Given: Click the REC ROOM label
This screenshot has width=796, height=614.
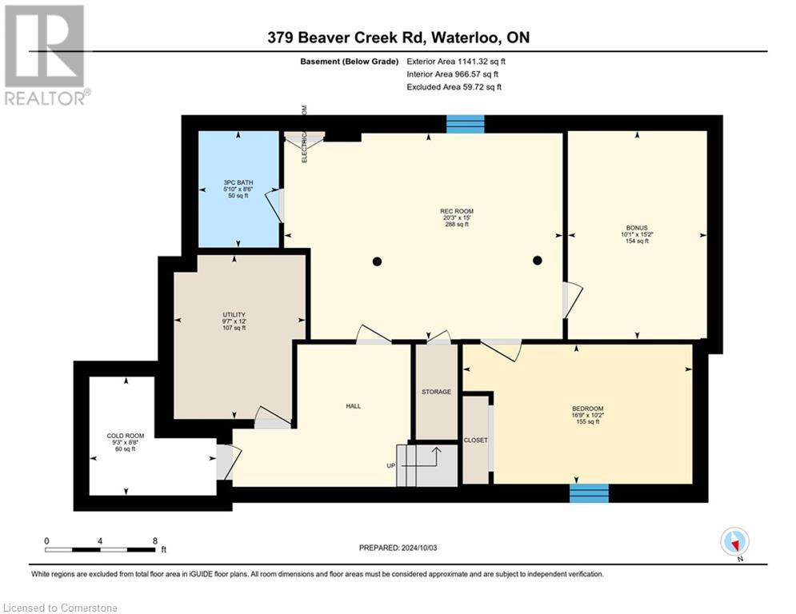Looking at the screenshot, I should pos(455,210).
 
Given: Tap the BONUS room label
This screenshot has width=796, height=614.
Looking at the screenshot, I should pos(636,227).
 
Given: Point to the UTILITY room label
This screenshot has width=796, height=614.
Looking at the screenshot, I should pos(234,314).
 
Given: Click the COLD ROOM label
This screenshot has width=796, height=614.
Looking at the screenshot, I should pos(126,436).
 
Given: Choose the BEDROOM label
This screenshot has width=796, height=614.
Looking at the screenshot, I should pos(587,409).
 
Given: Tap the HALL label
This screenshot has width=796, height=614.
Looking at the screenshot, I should pos(353,406).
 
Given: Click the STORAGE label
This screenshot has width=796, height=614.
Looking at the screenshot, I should pos(436,392).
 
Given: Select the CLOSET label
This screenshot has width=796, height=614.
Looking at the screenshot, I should pos(475,441).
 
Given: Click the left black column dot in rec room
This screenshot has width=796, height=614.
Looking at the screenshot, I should pos(377,261).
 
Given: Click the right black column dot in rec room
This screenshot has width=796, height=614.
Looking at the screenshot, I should pos(538,260).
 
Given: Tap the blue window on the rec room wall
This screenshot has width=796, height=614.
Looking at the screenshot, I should pos(465,124).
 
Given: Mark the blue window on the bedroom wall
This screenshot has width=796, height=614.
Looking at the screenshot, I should pos(589,492).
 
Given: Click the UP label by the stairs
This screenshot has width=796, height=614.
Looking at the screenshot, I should pos(391,466).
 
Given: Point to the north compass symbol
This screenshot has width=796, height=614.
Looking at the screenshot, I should pos(734,542).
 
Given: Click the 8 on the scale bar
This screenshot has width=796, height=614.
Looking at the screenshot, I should pos(154,540).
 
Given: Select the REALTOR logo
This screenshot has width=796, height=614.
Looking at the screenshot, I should pos(45,54).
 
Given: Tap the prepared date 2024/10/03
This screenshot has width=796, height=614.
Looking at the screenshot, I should pos(398,548).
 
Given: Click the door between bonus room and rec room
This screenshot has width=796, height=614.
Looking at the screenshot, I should pos(572,299).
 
